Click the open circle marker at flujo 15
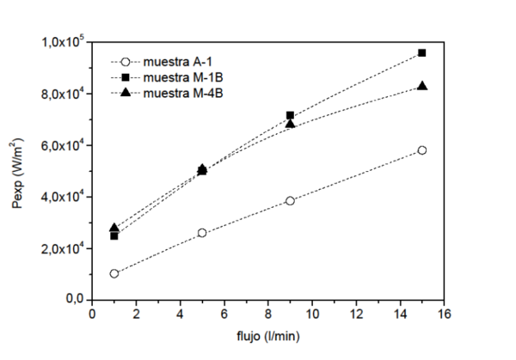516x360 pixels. [421, 150]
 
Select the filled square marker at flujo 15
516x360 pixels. [421, 53]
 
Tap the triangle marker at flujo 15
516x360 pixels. [421, 86]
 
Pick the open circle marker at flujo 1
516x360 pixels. [114, 273]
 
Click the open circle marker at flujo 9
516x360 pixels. [290, 201]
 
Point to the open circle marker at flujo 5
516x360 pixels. [202, 233]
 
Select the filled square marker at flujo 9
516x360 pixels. [290, 115]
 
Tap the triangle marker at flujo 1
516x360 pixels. [114, 229]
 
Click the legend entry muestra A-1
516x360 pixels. [175, 62]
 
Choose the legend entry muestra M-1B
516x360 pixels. [178, 76]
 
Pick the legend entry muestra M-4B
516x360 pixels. [178, 92]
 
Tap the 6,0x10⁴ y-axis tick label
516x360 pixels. [64, 145]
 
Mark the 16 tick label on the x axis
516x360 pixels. [443, 315]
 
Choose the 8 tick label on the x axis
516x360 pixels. [267, 315]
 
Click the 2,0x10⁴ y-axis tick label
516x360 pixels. [64, 248]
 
